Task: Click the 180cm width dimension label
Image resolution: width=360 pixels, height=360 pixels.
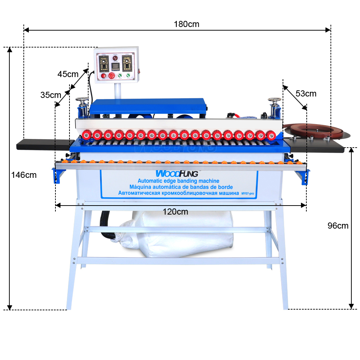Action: [x=186, y=24]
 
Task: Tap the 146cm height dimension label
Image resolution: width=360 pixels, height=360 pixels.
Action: [x=24, y=175]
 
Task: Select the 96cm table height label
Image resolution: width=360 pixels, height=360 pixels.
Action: [x=338, y=226]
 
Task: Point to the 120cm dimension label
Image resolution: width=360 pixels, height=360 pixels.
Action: [x=175, y=212]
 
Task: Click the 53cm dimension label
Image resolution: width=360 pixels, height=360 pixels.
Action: [x=306, y=94]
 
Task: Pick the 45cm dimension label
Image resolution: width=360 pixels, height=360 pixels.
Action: [x=68, y=74]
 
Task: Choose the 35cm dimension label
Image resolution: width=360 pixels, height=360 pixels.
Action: [x=50, y=95]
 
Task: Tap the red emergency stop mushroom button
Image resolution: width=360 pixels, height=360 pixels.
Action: [x=111, y=76]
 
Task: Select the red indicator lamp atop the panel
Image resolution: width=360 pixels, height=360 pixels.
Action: [x=115, y=58]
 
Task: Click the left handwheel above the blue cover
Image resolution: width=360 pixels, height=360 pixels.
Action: [x=82, y=100]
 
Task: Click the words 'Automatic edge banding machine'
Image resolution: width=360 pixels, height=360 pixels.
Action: [x=179, y=181]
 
